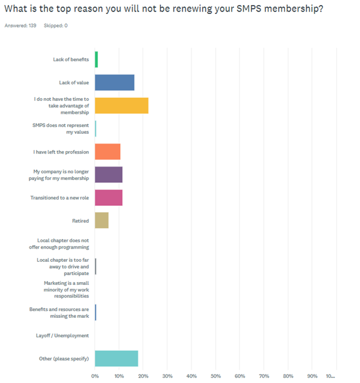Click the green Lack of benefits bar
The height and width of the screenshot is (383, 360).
pyautogui.click(x=96, y=59)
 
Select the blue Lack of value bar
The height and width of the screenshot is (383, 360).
pyautogui.click(x=114, y=82)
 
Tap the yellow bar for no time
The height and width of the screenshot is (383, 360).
pyautogui.click(x=121, y=106)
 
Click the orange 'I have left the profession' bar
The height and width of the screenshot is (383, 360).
pyautogui.click(x=107, y=152)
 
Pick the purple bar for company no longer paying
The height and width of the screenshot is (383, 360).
pyautogui.click(x=108, y=174)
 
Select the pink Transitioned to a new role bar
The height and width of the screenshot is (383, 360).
pyautogui.click(x=108, y=197)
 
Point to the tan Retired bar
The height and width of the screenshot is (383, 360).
pyautogui.click(x=102, y=220)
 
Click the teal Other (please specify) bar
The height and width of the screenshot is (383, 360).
pyautogui.click(x=116, y=358)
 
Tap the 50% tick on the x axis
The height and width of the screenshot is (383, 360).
pyautogui.click(x=215, y=376)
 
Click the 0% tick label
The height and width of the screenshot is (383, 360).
pyautogui.click(x=95, y=376)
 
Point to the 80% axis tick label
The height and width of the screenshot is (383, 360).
pyautogui.click(x=287, y=376)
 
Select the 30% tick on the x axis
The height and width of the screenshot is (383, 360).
pyautogui.click(x=167, y=376)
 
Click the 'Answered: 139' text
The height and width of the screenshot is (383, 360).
pyautogui.click(x=20, y=26)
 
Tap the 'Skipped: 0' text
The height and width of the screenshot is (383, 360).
pyautogui.click(x=55, y=26)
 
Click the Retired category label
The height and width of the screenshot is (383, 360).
pyautogui.click(x=80, y=220)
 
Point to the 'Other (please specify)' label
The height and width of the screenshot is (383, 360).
pyautogui.click(x=64, y=358)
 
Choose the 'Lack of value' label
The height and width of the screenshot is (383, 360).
pyautogui.click(x=74, y=82)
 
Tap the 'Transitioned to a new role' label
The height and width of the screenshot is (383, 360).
pyautogui.click(x=59, y=197)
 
